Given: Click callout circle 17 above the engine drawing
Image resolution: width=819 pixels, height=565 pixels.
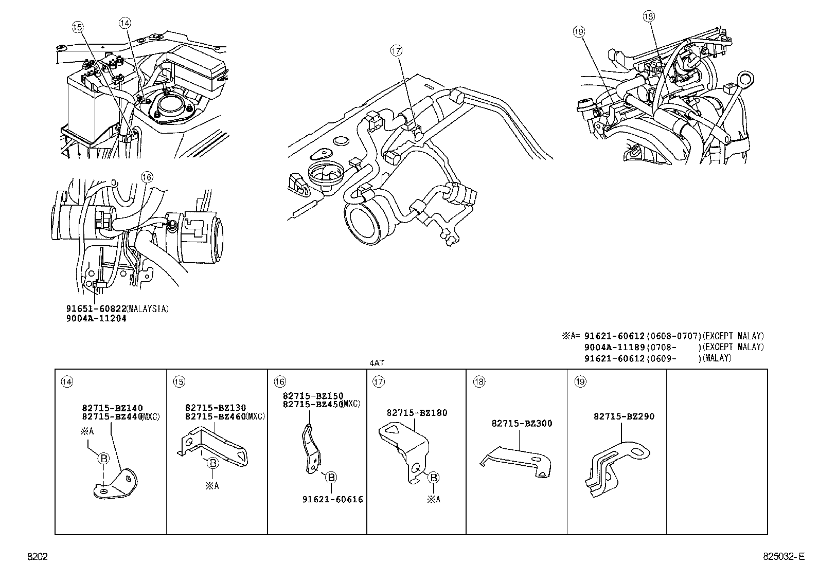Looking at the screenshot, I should pyautogui.click(x=396, y=51).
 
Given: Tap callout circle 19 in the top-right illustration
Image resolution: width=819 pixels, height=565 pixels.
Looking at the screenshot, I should pyautogui.click(x=579, y=32).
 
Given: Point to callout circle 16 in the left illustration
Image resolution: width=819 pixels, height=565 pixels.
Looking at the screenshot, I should pyautogui.click(x=147, y=177).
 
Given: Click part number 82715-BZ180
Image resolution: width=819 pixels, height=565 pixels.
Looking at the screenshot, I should pyautogui.click(x=417, y=412).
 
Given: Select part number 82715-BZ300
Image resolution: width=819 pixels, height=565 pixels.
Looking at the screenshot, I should pyautogui.click(x=522, y=424).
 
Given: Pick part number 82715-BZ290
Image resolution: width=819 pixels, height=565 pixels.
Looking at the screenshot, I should pyautogui.click(x=624, y=416).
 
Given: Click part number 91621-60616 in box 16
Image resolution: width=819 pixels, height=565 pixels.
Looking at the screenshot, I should pyautogui.click(x=332, y=499).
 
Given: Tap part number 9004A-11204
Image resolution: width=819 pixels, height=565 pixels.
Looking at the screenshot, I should pyautogui.click(x=96, y=318).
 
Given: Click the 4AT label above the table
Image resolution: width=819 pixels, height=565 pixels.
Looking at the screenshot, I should pyautogui.click(x=377, y=363).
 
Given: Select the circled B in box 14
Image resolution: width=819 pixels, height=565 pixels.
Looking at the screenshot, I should pyautogui.click(x=103, y=459).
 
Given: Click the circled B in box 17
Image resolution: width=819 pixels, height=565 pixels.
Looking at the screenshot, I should pyautogui.click(x=434, y=478).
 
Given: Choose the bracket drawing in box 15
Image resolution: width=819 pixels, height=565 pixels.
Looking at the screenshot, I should pyautogui.click(x=213, y=442).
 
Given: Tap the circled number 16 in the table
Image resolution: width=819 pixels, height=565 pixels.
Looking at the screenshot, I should pyautogui.click(x=279, y=381).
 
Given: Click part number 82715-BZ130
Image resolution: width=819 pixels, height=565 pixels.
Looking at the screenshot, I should pyautogui.click(x=216, y=408).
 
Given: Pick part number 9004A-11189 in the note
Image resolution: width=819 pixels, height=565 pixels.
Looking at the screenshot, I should pyautogui.click(x=614, y=347).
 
